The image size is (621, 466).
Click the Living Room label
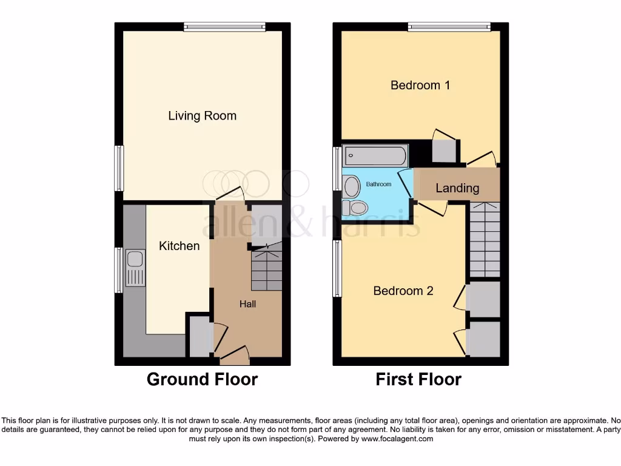click(202, 116)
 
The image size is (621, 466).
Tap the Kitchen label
click(179, 246)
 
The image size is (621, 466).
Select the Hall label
click(247, 303)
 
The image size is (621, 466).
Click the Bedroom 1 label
click(420, 85)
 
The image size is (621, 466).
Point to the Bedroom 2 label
click(403, 291)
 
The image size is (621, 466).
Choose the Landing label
click(457, 188)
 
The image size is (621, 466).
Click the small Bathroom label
click(378, 184)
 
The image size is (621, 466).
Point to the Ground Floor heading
click(202, 380)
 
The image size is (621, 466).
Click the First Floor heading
click(418, 380)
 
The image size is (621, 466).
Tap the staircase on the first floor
click(485, 240)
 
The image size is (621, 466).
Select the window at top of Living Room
click(224, 26)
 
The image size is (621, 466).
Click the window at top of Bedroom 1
click(449, 26)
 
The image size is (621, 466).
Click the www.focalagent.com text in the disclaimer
click(397, 439)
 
